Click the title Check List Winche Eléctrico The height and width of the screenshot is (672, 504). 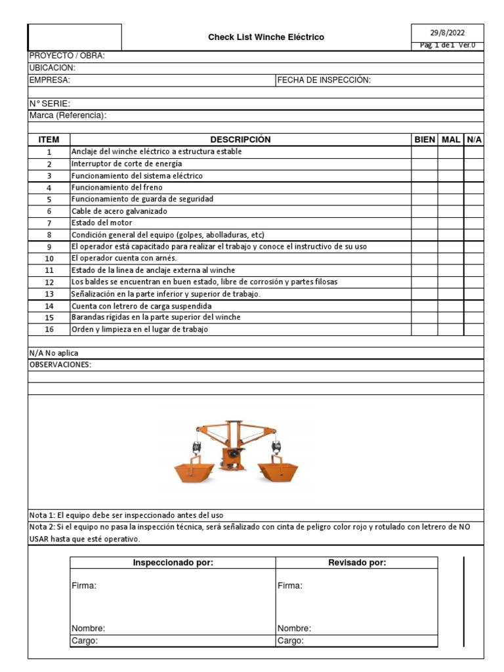pyautogui.click(x=266, y=37)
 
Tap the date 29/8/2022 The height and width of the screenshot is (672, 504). pyautogui.click(x=447, y=32)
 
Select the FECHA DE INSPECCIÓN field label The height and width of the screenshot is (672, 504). pyautogui.click(x=324, y=80)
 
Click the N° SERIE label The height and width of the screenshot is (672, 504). pyautogui.click(x=50, y=104)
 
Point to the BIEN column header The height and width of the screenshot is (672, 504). pyautogui.click(x=425, y=140)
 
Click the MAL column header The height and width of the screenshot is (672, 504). pyautogui.click(x=451, y=140)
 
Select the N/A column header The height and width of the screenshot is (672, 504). pyautogui.click(x=474, y=140)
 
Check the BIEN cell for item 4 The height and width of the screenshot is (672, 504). pyautogui.click(x=425, y=187)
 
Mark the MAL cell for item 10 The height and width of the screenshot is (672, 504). pyautogui.click(x=451, y=259)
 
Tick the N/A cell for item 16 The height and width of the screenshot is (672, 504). pyautogui.click(x=474, y=329)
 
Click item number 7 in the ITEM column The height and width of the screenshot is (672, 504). pyautogui.click(x=49, y=223)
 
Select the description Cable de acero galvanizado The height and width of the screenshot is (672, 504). pyautogui.click(x=119, y=211)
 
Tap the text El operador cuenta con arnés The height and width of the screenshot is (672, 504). pyautogui.click(x=124, y=259)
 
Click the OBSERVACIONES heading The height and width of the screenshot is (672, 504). pyautogui.click(x=60, y=365)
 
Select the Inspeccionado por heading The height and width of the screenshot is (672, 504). pyautogui.click(x=173, y=563)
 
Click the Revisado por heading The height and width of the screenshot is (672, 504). pyautogui.click(x=357, y=563)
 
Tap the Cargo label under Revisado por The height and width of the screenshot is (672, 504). pyautogui.click(x=290, y=641)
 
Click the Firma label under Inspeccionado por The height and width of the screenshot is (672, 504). pyautogui.click(x=83, y=586)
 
